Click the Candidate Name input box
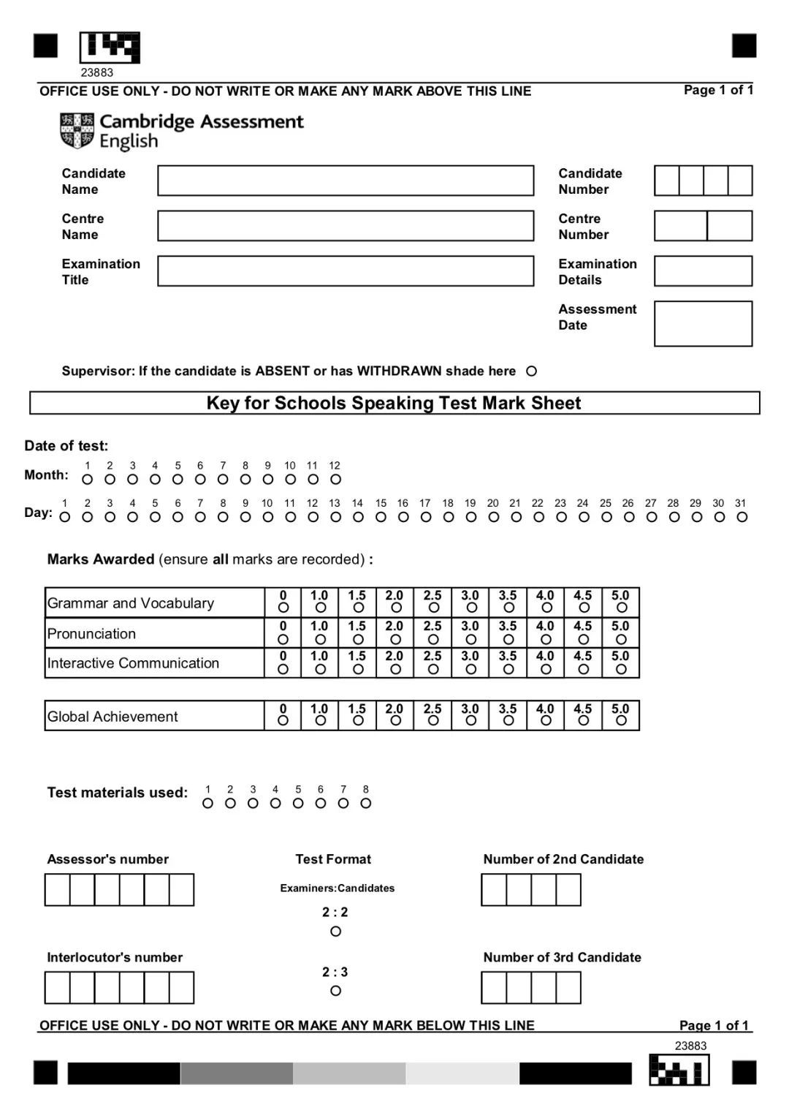pyautogui.click(x=346, y=181)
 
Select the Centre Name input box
pyautogui.click(x=346, y=226)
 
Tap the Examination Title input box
pyautogui.click(x=346, y=271)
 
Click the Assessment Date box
pyautogui.click(x=703, y=323)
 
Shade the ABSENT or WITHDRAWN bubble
pyautogui.click(x=531, y=371)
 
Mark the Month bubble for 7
pyautogui.click(x=223, y=480)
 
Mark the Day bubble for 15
pyautogui.click(x=381, y=517)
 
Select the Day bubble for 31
pyautogui.click(x=742, y=517)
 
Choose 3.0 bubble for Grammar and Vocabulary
pyautogui.click(x=471, y=608)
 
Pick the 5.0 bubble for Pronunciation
pyautogui.click(x=621, y=639)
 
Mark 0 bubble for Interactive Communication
pyautogui.click(x=283, y=669)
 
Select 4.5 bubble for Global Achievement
pyautogui.click(x=583, y=721)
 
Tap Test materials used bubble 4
pyautogui.click(x=275, y=804)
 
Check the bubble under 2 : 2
pyautogui.click(x=335, y=932)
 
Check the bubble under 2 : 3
pyautogui.click(x=335, y=991)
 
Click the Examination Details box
pyautogui.click(x=703, y=271)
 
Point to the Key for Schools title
pyautogui.click(x=394, y=403)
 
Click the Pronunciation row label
pyautogui.click(x=91, y=634)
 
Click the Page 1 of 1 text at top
pyautogui.click(x=718, y=90)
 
